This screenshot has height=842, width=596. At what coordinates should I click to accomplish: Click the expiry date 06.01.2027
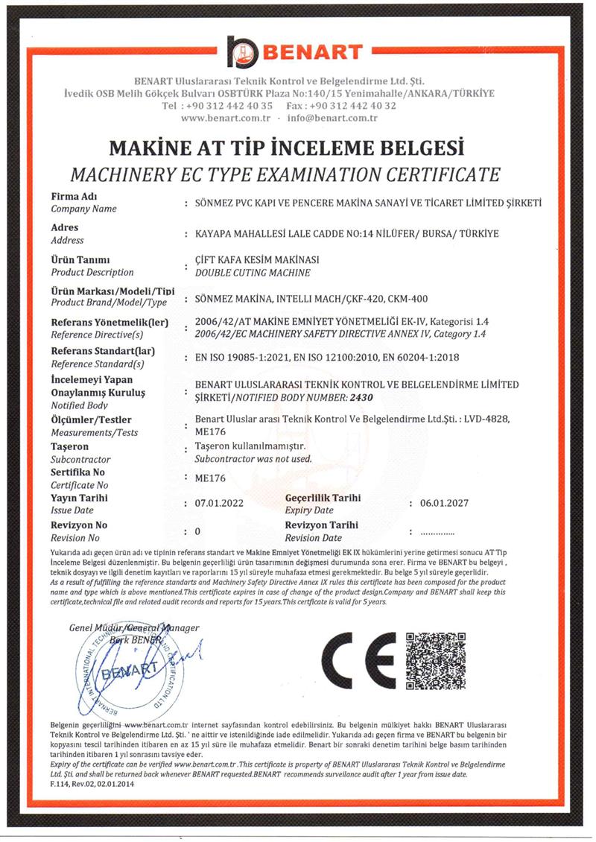point(444,504)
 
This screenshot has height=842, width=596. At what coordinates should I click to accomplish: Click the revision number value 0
point(197,532)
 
